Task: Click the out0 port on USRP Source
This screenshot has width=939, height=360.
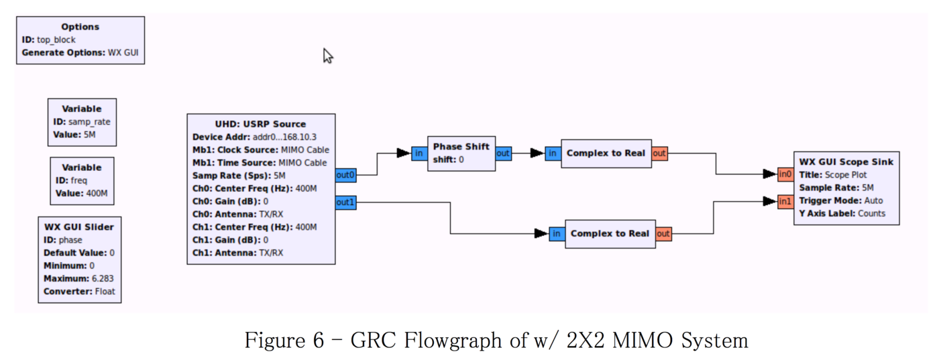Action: (x=345, y=175)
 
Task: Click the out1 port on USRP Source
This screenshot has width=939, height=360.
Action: (x=345, y=202)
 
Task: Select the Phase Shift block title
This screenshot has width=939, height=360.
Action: (x=461, y=146)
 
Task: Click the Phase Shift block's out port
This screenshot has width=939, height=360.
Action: (x=503, y=154)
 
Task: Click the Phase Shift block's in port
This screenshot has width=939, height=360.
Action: (x=419, y=154)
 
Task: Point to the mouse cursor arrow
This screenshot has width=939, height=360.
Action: (x=327, y=56)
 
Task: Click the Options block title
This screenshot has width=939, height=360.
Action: (x=80, y=27)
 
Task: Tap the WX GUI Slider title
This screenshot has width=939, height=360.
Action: (x=79, y=227)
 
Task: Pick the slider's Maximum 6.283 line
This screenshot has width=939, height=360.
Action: (x=79, y=278)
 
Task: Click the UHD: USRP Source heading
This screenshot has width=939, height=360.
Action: (x=260, y=124)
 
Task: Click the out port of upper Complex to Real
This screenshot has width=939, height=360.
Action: (x=659, y=154)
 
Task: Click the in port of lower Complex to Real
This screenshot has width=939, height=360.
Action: (x=557, y=233)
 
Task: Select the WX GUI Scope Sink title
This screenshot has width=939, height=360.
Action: (x=846, y=162)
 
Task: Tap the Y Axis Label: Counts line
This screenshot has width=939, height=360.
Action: (x=842, y=213)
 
